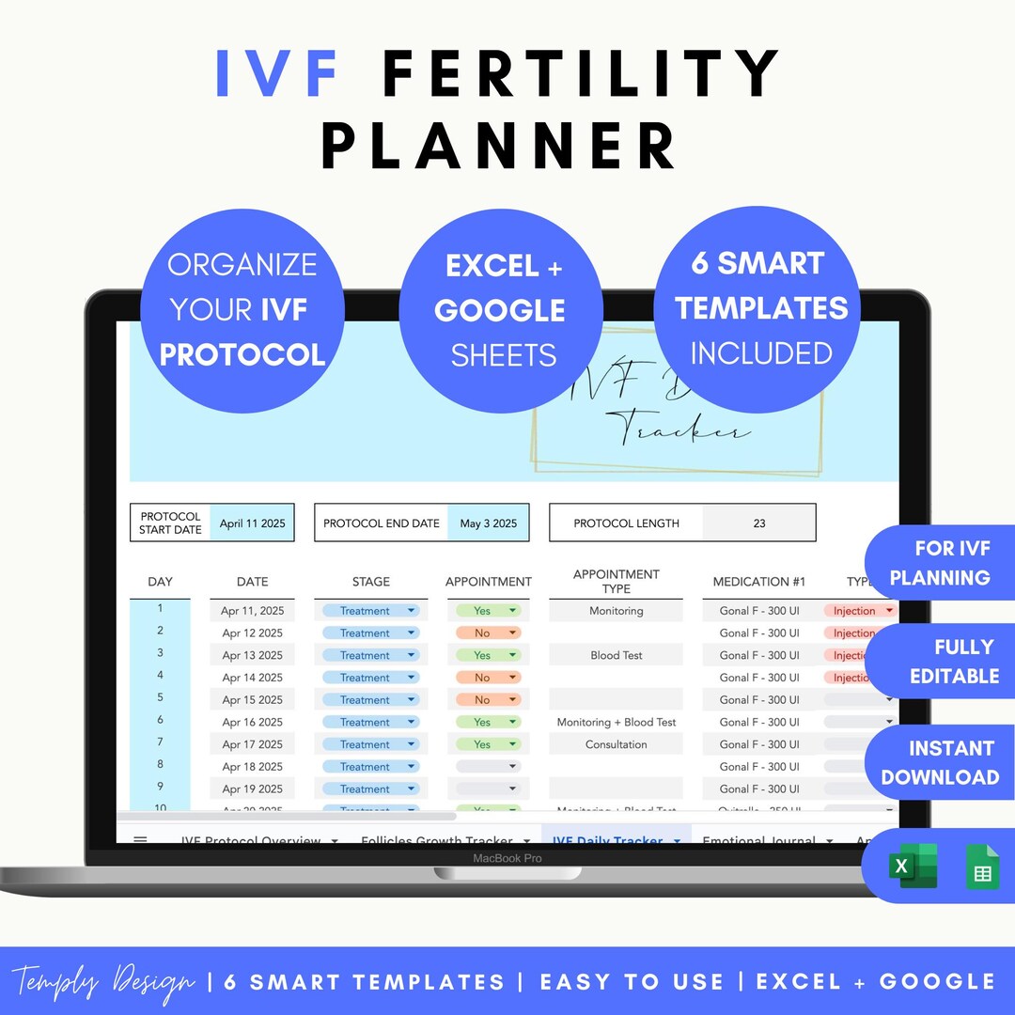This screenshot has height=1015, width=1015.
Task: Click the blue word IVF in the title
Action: point(277,72)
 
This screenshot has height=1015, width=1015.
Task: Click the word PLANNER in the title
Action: point(499,146)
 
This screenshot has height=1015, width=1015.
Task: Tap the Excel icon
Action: point(913,866)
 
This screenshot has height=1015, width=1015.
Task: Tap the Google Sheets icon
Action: point(982,867)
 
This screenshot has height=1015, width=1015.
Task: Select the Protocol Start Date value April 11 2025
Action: point(252,523)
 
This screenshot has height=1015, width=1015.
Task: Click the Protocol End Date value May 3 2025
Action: point(489,523)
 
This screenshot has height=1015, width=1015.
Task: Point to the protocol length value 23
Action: point(759,523)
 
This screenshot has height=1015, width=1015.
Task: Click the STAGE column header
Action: point(370,582)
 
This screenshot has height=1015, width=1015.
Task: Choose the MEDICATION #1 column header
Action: point(759,582)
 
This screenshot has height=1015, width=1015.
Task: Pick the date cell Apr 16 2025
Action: point(252,722)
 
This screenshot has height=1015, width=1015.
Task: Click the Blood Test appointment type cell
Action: point(617,655)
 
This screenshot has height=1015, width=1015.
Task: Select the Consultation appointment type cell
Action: point(617,744)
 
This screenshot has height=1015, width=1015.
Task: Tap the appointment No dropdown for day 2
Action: point(488,633)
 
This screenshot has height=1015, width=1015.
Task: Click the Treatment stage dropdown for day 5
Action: point(370,700)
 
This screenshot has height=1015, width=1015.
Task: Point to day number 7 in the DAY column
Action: point(160,742)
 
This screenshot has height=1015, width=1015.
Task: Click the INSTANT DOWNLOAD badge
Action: point(940,762)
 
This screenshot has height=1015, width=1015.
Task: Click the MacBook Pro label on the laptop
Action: point(507,858)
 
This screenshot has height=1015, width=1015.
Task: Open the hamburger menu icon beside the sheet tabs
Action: point(140,840)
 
